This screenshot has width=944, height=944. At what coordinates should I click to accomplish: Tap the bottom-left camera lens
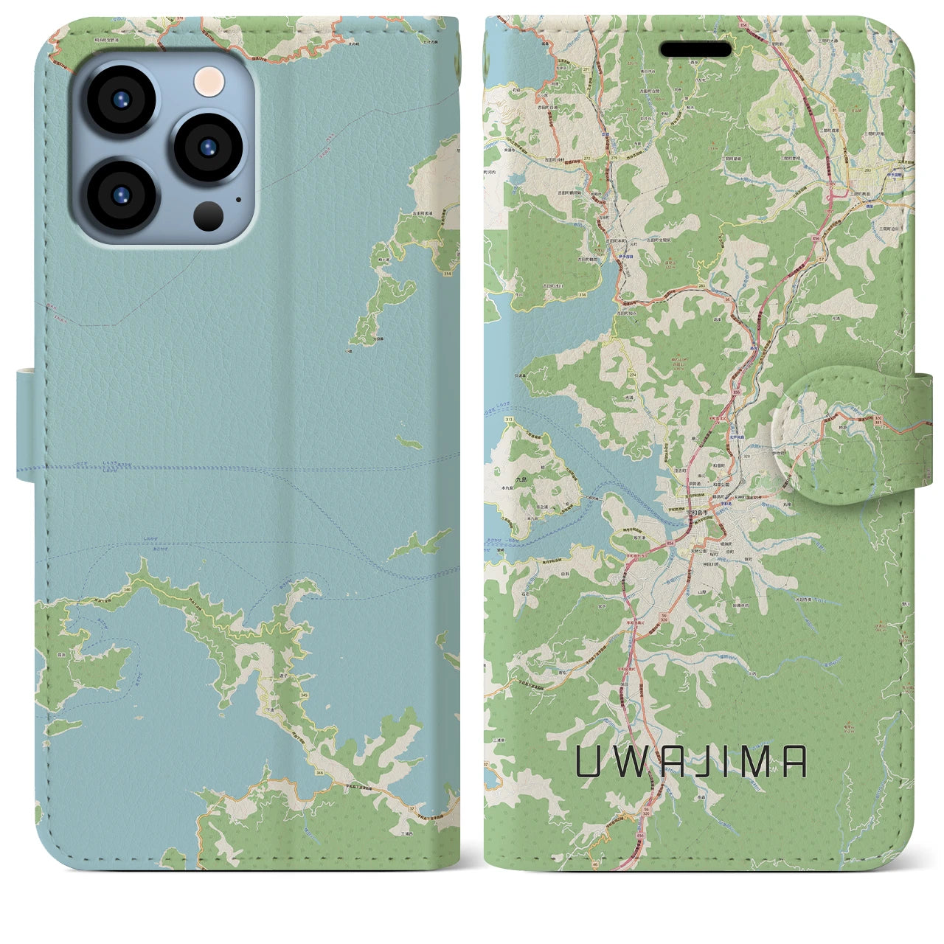[x=121, y=195]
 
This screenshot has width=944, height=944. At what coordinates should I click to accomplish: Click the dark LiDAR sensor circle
[x=209, y=215]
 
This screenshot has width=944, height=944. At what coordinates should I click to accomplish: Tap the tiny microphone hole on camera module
[x=237, y=198]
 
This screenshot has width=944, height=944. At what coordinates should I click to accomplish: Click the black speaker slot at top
[x=695, y=49]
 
